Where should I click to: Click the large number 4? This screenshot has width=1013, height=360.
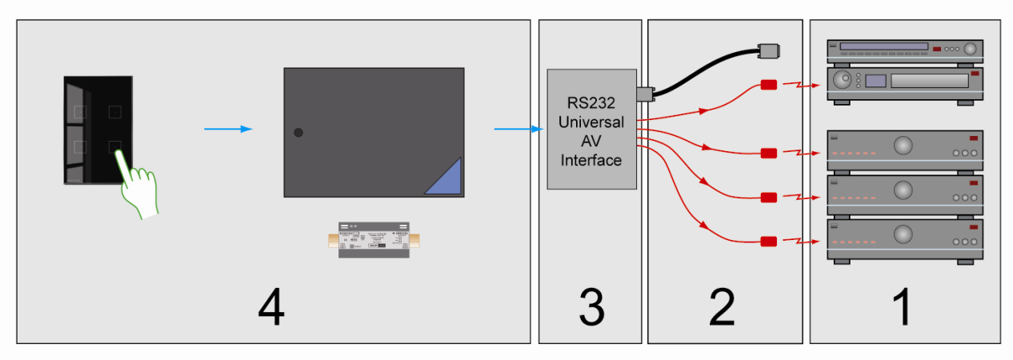pos(271,308)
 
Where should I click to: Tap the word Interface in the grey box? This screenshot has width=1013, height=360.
pos(591,160)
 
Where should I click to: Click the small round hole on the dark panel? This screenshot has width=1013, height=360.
pos(298,132)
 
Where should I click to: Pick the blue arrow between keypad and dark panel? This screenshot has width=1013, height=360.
pos(228,129)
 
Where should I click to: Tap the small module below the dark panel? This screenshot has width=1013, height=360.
pos(374,240)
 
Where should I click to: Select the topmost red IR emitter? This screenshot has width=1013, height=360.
pos(769,85)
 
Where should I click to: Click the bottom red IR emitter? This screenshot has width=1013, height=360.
pos(769,241)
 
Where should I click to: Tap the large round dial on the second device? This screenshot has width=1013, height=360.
pos(841,81)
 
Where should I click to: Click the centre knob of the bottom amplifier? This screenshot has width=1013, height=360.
pos(903,234)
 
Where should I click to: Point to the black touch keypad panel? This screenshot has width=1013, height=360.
pos(98,130)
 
